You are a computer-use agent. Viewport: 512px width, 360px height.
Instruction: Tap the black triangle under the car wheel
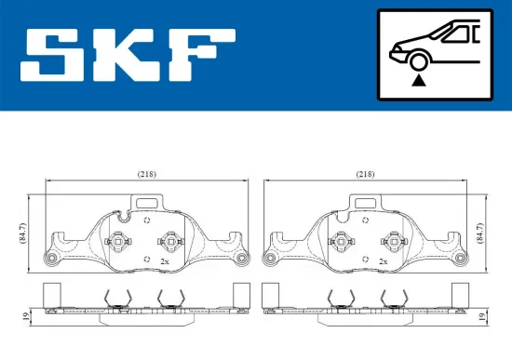click(420, 82)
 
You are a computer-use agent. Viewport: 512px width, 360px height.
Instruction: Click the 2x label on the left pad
click(165, 262)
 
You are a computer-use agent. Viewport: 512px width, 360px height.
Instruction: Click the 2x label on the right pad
click(383, 262)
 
